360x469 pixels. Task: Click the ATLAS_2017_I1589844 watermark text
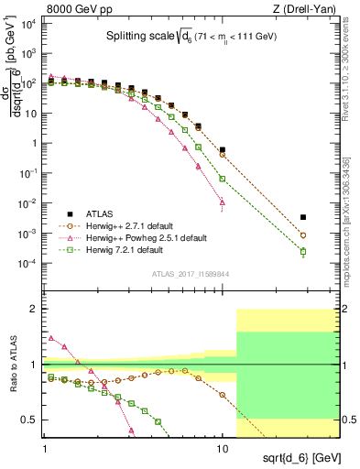191,272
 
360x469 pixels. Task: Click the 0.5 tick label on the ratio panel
29,420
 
